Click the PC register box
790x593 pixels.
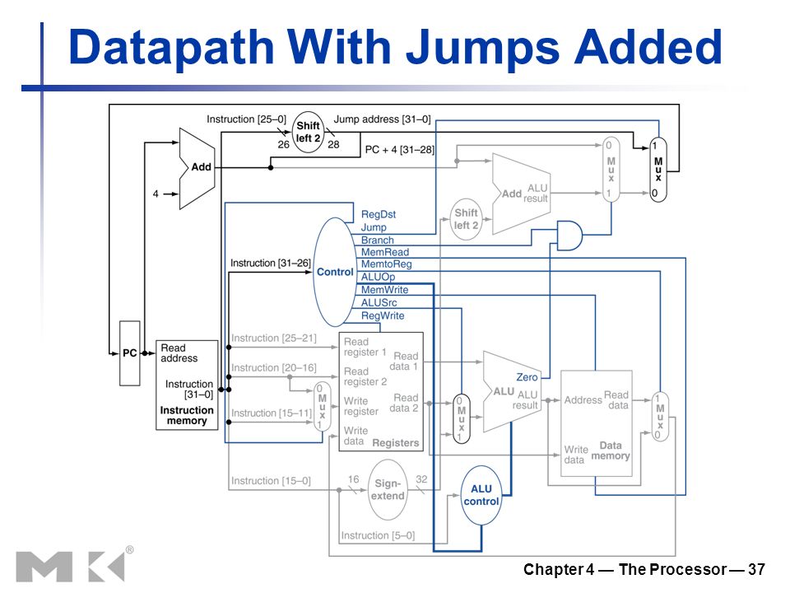129,353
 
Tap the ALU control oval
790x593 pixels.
481,495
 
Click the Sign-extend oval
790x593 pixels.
388,489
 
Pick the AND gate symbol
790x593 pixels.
569,235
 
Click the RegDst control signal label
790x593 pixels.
379,214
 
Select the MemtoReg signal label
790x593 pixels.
387,264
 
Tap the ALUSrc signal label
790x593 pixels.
379,302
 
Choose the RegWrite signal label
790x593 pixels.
383,315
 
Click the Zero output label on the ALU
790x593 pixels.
527,377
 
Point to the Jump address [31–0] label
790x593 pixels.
383,119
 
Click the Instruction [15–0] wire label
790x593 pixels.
271,481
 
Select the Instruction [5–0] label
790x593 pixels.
378,535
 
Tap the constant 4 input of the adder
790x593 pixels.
156,194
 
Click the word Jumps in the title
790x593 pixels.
483,48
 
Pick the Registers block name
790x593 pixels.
396,443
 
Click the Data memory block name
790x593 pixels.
611,451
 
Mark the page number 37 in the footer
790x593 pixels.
756,569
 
